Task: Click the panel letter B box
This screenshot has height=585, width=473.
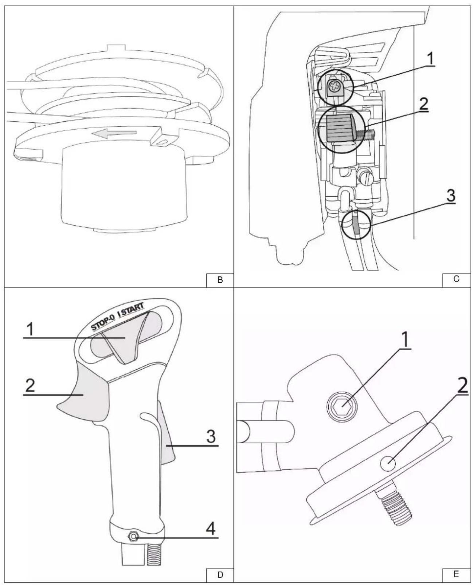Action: (x=219, y=280)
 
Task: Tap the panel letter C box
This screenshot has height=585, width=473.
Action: (x=456, y=280)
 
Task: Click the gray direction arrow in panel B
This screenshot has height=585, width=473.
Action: (x=114, y=133)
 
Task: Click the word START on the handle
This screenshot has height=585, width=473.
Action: (x=133, y=309)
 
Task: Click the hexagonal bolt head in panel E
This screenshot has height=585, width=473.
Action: (x=342, y=405)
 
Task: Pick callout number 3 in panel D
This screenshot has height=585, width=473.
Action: (x=211, y=436)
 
